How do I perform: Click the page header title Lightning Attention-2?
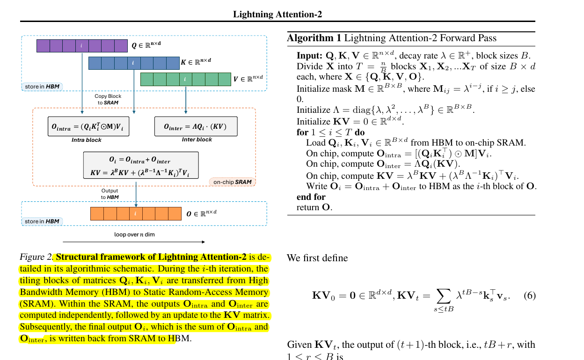tap(277, 14)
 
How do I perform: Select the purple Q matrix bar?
tap(82, 46)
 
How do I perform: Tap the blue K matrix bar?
tap(134, 63)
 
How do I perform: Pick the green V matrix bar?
tap(186, 79)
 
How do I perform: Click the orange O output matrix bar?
tap(136, 213)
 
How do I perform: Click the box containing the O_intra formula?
tap(88, 126)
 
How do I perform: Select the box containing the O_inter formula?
tap(196, 126)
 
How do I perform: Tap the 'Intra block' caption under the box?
tap(87, 140)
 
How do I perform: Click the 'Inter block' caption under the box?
tap(197, 140)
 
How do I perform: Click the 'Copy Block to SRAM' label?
tap(108, 99)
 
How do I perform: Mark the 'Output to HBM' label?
tap(110, 194)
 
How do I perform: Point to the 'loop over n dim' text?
tap(134, 234)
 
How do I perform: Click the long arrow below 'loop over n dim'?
tap(133, 242)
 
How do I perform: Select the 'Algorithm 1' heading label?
tap(314, 38)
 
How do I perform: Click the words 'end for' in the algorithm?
tap(311, 197)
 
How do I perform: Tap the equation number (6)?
tap(529, 296)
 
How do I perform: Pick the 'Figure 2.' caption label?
tap(36, 257)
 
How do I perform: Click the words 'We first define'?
tap(317, 258)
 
